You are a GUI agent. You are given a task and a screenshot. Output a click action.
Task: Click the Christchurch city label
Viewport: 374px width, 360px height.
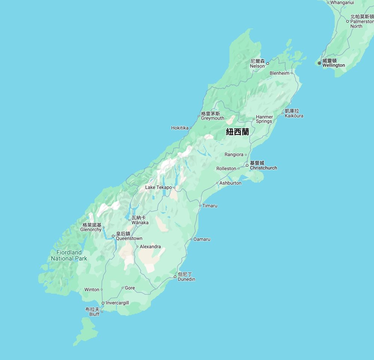tap(263, 168)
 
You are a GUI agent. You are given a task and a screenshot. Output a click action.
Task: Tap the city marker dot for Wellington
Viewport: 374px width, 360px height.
tap(319, 63)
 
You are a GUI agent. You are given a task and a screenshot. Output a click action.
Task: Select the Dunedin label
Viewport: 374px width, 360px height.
tap(186, 279)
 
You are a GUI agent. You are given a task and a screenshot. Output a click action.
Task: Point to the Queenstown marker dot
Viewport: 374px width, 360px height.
tap(113, 236)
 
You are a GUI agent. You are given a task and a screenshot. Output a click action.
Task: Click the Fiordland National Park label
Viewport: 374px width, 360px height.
tap(69, 255)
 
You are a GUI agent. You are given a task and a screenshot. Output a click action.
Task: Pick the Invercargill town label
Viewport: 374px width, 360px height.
tap(117, 303)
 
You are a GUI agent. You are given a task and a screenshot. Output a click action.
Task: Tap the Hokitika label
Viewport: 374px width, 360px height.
tap(180, 128)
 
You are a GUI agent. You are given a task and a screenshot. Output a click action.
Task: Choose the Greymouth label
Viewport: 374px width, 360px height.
tap(212, 118)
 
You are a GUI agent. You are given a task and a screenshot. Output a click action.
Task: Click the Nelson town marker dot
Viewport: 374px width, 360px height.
tap(267, 64)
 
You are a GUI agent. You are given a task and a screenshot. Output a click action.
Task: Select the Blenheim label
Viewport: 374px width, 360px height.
tap(279, 73)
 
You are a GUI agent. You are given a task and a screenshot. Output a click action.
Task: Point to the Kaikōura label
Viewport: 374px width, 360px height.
tap(294, 116)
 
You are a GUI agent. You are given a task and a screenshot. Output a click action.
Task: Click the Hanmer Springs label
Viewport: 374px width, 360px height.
tap(264, 119)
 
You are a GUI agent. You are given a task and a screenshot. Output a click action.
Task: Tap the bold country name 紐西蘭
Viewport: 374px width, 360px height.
tap(237, 132)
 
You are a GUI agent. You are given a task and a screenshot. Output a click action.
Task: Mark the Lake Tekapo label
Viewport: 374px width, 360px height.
tap(159, 187)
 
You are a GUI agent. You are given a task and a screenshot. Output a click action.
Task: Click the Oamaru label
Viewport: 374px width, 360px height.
tap(202, 239)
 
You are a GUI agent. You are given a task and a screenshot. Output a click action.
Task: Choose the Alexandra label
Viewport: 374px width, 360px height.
tap(150, 247)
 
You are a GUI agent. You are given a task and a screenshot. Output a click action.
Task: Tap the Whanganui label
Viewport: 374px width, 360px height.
tap(342, 3)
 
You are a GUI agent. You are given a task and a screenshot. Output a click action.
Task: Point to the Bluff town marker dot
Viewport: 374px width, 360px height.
tap(102, 312)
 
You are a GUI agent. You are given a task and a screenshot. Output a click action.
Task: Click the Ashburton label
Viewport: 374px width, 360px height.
tap(230, 183)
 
